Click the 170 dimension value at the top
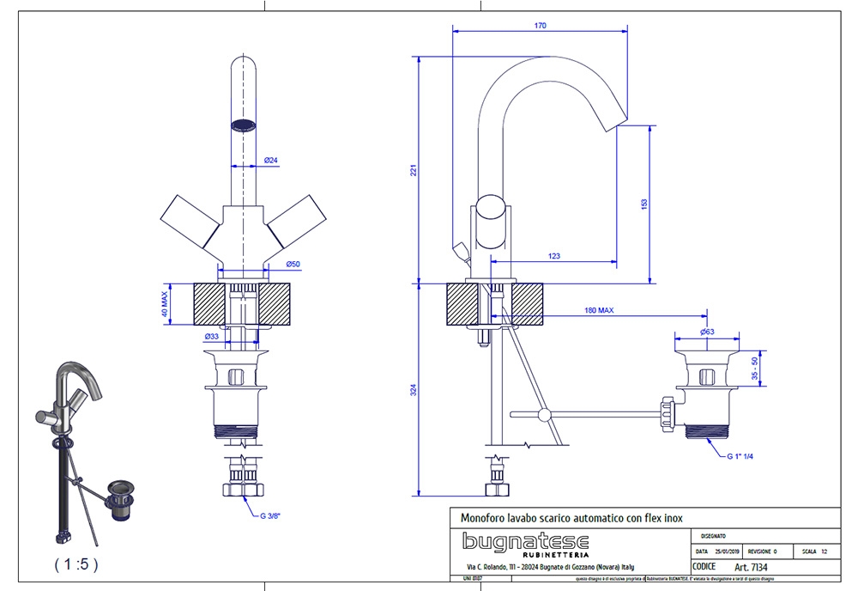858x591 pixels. click(540, 26)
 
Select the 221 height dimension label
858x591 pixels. click(413, 171)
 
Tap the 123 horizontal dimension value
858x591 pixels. click(553, 256)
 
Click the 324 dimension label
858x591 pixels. click(413, 390)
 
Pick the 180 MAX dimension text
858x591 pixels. click(599, 310)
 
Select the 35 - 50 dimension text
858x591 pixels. click(754, 368)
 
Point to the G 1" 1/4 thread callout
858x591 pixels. click(740, 456)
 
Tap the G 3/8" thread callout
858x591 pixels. click(270, 516)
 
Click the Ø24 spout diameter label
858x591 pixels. click(269, 161)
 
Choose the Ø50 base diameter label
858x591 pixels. click(269, 264)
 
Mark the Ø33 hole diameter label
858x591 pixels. click(211, 336)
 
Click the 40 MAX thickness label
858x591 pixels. click(164, 303)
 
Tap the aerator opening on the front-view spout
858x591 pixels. click(245, 124)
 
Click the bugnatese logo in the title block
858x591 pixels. click(525, 542)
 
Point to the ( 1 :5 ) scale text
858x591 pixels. click(76, 564)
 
